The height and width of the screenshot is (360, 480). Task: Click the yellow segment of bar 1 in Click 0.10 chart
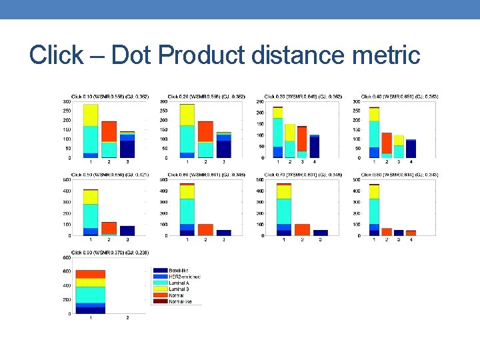(90, 115)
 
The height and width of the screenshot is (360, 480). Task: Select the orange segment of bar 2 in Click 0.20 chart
(205, 131)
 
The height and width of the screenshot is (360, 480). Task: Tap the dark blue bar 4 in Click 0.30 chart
(315, 147)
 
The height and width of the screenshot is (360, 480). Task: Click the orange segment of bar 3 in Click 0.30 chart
(302, 139)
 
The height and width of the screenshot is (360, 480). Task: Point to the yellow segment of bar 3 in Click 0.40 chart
(399, 140)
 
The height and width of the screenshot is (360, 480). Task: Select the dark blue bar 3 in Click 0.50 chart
(127, 231)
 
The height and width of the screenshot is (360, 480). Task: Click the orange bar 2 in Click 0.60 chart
(205, 229)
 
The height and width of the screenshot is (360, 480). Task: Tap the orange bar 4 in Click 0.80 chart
(411, 233)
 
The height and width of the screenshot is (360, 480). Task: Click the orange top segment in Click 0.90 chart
(91, 274)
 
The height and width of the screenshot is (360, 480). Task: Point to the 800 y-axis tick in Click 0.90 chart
(67, 257)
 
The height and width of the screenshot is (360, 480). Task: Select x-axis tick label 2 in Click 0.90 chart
(128, 318)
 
